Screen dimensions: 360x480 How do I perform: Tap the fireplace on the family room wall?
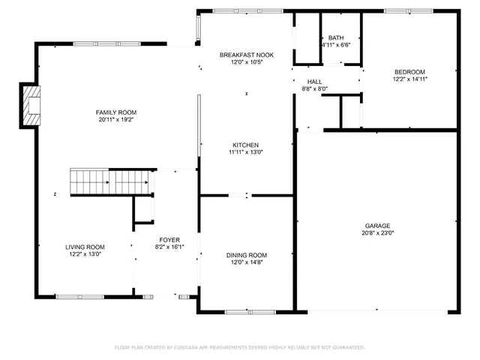(31, 105)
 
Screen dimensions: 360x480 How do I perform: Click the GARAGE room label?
(377, 226)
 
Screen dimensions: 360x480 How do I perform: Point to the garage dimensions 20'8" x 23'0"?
(377, 233)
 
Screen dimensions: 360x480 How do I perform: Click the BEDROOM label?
(409, 72)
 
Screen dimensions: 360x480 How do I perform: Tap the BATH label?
(335, 38)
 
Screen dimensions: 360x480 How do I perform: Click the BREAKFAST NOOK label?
(246, 55)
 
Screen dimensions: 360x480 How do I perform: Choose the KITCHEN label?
(245, 145)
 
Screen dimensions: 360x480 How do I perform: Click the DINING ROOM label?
(247, 255)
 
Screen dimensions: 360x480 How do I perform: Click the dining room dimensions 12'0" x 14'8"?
(247, 262)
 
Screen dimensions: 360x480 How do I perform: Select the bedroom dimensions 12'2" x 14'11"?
(409, 79)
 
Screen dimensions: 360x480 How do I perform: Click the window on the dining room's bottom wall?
(245, 311)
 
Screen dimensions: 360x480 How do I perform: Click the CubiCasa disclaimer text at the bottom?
(239, 347)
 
